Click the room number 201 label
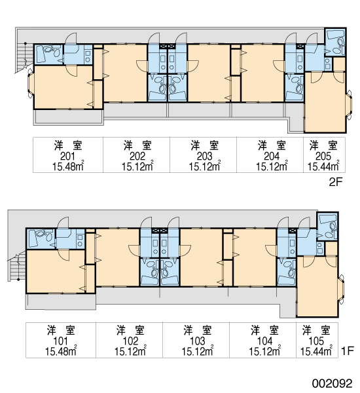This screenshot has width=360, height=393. [67, 157]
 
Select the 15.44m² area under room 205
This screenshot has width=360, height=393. [323, 166]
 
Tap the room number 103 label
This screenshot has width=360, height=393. [198, 341]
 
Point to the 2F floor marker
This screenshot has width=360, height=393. [335, 182]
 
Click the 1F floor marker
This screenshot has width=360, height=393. [348, 350]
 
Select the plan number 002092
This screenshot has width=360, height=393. [333, 383]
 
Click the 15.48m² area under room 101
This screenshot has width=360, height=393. [61, 351]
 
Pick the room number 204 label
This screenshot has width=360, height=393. [272, 157]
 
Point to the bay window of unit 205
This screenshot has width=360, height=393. [349, 105]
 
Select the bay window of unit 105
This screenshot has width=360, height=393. [342, 290]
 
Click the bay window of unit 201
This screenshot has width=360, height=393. [31, 84]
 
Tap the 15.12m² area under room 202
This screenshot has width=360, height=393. [137, 166]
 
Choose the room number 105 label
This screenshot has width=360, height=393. [316, 341]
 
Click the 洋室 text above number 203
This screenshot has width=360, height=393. [205, 145]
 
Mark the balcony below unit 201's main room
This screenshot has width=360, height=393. [69, 117]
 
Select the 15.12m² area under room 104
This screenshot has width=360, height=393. [264, 351]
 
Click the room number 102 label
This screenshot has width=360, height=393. [130, 341]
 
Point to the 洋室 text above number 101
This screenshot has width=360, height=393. [61, 330]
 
